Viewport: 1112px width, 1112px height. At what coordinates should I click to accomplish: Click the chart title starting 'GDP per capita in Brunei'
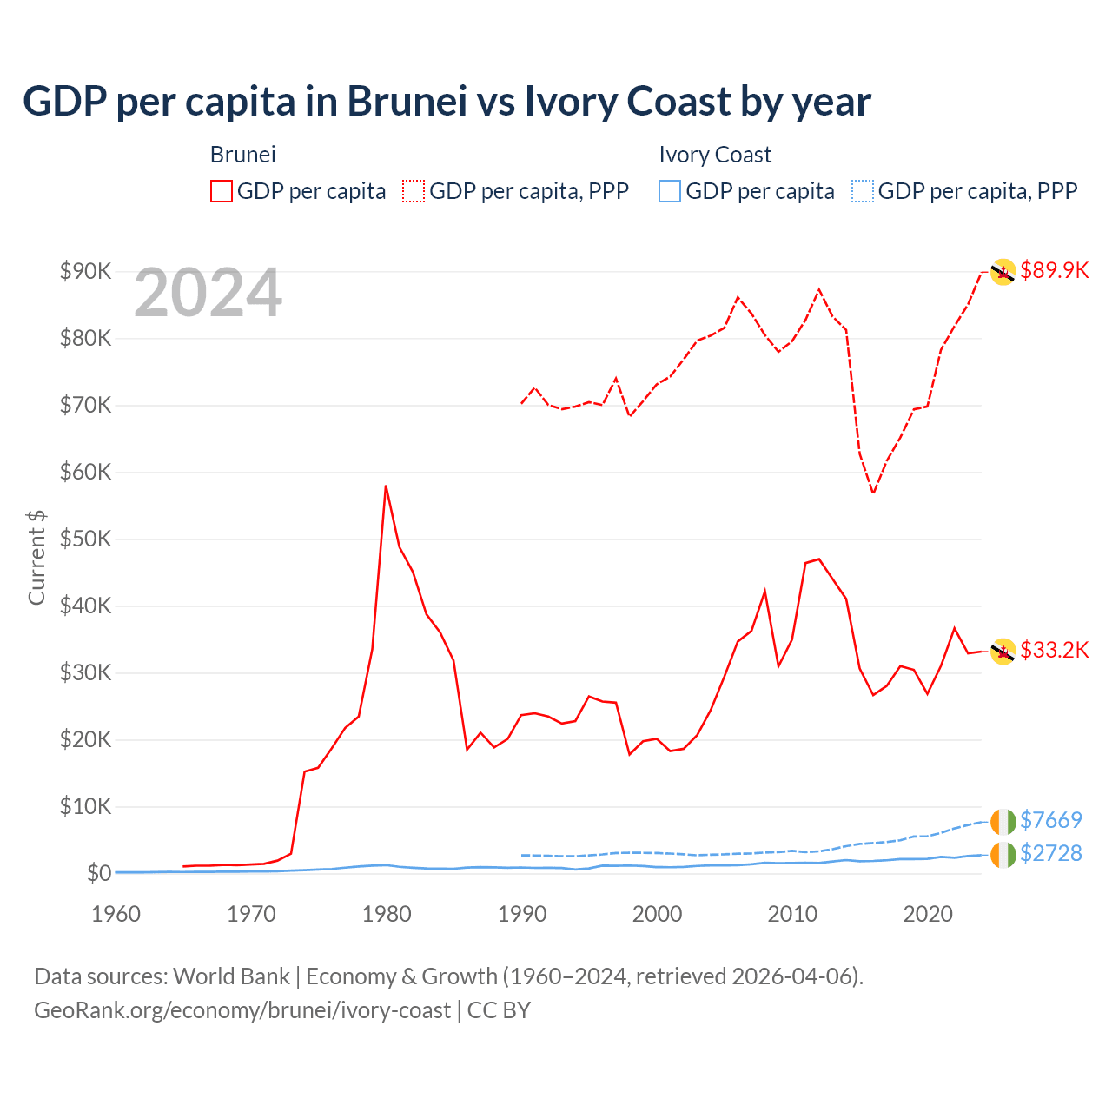[447, 102]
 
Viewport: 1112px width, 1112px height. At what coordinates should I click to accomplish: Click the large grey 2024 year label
[208, 294]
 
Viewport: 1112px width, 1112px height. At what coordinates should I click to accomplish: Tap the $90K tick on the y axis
[85, 271]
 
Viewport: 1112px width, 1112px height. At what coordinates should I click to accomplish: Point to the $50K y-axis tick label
[85, 539]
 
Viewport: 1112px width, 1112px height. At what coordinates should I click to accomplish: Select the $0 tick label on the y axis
[98, 873]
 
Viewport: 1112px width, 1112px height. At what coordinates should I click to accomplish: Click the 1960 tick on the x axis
[116, 914]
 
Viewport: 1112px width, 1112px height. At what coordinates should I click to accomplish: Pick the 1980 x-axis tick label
[387, 914]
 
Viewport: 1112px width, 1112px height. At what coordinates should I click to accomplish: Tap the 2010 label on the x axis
[792, 914]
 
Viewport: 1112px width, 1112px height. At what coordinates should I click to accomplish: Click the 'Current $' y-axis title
[36, 557]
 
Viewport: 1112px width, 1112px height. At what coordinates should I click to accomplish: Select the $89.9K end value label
[1054, 270]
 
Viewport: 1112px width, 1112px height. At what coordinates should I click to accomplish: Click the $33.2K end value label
[1054, 650]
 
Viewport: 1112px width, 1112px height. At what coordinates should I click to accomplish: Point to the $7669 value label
[1050, 820]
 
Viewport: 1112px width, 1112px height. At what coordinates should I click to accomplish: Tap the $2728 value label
[1050, 853]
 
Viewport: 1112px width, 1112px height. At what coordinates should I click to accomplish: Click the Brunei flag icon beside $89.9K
[1003, 272]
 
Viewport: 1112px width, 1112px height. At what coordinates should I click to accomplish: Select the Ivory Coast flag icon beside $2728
[1003, 854]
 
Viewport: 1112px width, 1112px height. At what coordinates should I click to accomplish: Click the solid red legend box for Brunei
[222, 191]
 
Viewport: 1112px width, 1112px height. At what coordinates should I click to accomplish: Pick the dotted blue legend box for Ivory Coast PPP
[863, 191]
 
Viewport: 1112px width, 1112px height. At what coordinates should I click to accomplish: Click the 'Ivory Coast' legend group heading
[715, 155]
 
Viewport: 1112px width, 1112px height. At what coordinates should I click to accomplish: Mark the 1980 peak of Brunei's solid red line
[386, 486]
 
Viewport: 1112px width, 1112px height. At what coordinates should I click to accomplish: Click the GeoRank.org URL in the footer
[242, 1010]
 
